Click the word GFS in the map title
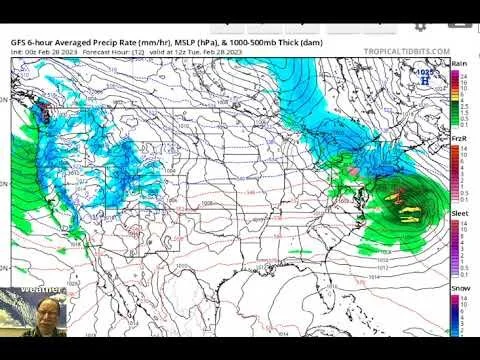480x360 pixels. coord(18,43)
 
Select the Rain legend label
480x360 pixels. coord(459,63)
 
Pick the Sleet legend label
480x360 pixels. coord(459,213)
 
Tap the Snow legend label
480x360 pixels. coord(459,288)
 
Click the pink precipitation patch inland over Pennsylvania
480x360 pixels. coord(353,172)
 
